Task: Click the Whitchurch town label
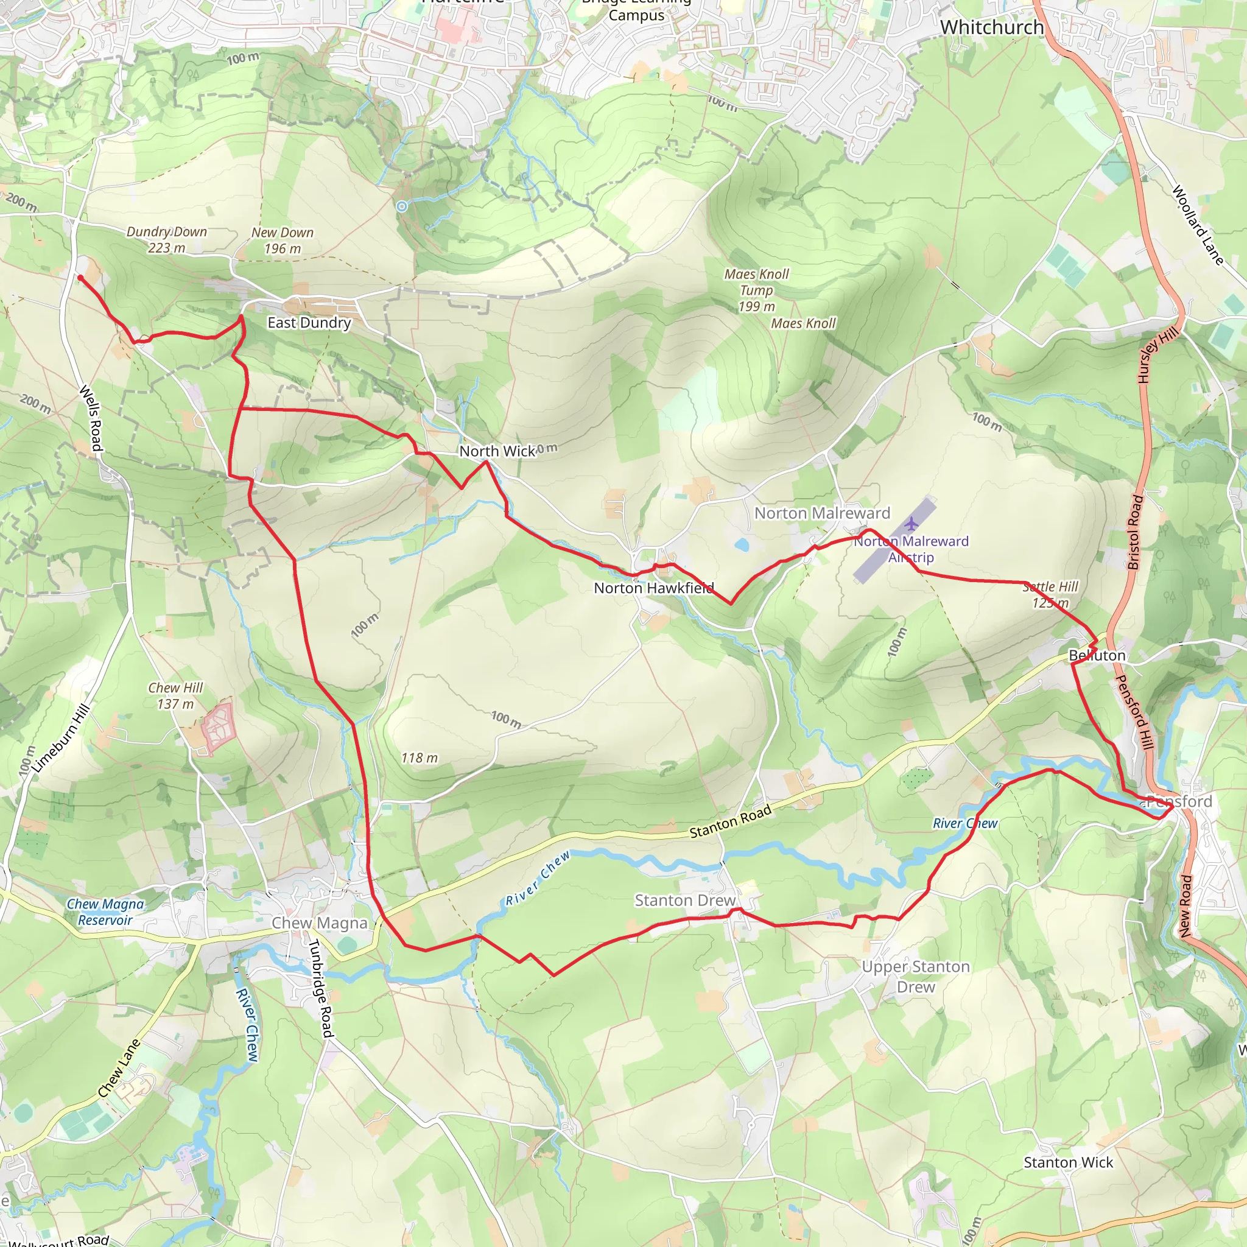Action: [x=991, y=27]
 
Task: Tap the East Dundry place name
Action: [x=309, y=322]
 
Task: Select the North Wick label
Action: [x=497, y=451]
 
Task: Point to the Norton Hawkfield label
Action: [x=653, y=588]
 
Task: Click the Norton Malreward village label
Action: [x=821, y=513]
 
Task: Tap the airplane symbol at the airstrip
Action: [x=911, y=523]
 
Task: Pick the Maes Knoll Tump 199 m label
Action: [x=756, y=290]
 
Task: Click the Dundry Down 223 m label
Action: [x=166, y=239]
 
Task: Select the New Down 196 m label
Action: [x=282, y=240]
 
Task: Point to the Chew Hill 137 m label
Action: [x=175, y=696]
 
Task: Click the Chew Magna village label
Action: [x=319, y=923]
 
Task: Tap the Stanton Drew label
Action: [x=685, y=901]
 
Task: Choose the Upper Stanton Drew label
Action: [x=915, y=977]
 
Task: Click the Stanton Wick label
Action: [x=1068, y=1162]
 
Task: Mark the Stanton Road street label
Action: [x=730, y=821]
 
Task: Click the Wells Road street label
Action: [x=91, y=418]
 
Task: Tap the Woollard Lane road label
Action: [x=1197, y=225]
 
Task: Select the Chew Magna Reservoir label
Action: [x=105, y=912]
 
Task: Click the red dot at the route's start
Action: [x=80, y=278]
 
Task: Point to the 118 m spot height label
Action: [x=419, y=757]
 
